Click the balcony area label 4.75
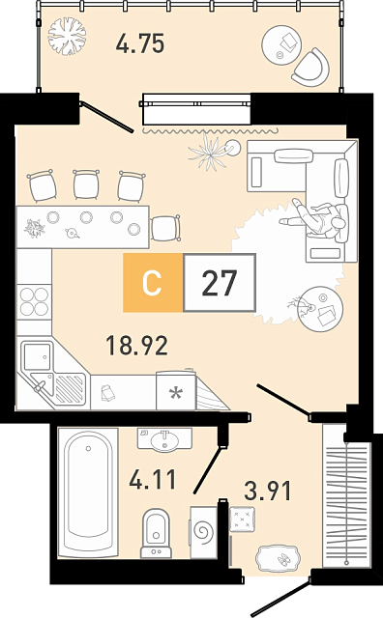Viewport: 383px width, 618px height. tap(140, 43)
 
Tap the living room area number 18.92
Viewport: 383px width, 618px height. tap(137, 345)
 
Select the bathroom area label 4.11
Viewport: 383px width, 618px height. tap(153, 479)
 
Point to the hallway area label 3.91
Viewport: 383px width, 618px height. tap(268, 491)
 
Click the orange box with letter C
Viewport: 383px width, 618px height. tap(153, 283)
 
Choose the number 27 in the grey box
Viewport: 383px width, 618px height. tap(220, 283)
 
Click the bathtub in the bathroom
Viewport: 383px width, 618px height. tap(88, 492)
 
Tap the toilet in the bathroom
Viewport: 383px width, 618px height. tap(156, 533)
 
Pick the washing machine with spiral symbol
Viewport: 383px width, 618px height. tap(204, 532)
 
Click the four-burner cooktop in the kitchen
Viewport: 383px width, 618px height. tap(35, 302)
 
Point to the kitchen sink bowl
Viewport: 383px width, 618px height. tap(37, 356)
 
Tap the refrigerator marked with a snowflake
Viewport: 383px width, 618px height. tap(176, 390)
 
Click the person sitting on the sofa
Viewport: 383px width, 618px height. tap(315, 221)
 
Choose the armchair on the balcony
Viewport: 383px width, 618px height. tap(312, 68)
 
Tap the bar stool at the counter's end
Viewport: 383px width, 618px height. tap(165, 228)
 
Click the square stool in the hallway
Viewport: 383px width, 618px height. tap(242, 520)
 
